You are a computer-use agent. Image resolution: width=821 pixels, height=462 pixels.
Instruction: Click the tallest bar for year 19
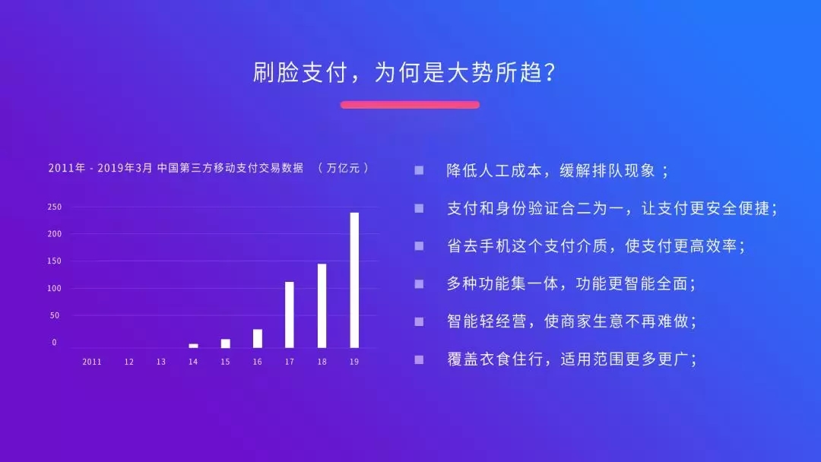[x=354, y=280]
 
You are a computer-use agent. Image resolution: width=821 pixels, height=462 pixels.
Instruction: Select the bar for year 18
[x=322, y=305]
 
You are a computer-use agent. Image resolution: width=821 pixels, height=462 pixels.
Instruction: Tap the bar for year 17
[x=290, y=315]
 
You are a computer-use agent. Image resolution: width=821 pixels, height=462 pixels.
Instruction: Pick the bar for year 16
[x=258, y=338]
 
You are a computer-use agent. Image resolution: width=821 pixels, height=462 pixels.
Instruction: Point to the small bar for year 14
[x=193, y=346]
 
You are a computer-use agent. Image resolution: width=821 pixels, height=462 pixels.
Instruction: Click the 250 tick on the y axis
[x=55, y=207]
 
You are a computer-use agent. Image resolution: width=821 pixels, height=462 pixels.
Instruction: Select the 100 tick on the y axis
[x=55, y=288]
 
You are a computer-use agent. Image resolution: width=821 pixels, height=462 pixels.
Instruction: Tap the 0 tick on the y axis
[x=54, y=343]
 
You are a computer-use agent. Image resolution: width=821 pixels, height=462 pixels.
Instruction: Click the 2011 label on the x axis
[x=92, y=362]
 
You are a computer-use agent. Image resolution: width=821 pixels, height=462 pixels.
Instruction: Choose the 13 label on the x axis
[x=160, y=362]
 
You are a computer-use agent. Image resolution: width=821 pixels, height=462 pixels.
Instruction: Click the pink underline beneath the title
[x=410, y=105]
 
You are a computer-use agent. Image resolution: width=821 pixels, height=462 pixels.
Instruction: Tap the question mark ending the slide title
[x=550, y=72]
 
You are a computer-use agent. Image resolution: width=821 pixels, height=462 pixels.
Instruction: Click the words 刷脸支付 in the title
[x=300, y=72]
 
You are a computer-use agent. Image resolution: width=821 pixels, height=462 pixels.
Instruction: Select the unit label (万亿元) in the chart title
[x=344, y=168]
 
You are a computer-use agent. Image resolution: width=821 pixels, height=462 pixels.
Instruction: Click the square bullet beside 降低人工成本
[x=419, y=170]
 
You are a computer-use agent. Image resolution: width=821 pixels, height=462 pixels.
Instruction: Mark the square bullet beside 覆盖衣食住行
[x=419, y=359]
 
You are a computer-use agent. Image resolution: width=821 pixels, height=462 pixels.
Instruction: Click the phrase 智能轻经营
[x=487, y=321]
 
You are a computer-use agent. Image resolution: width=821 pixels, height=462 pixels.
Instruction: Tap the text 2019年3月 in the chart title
[x=125, y=168]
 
